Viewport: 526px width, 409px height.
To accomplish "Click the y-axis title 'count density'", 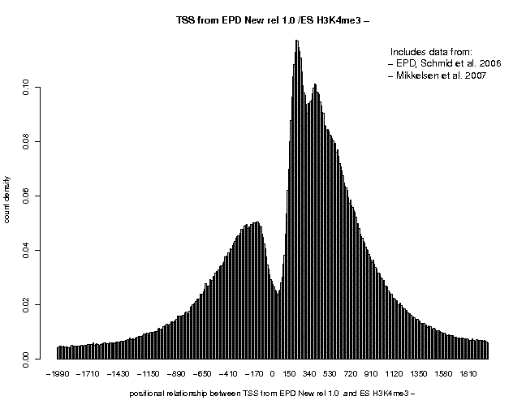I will tap(8, 200).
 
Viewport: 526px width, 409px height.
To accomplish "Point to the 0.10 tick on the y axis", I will tap(26, 88).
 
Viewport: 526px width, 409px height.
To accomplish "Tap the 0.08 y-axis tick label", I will tap(26, 142).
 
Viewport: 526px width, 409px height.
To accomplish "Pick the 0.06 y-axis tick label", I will tap(26, 196).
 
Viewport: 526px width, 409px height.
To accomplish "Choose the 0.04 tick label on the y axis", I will tap(26, 250).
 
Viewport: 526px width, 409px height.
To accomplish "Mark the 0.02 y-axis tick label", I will tap(26, 304).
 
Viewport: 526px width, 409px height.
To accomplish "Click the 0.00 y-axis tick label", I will tap(26, 358).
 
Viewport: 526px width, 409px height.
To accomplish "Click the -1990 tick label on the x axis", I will tap(57, 375).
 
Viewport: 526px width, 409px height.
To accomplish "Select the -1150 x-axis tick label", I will tap(147, 375).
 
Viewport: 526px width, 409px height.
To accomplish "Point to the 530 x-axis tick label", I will tap(329, 375).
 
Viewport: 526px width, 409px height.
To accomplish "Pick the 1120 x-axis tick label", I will tap(394, 375).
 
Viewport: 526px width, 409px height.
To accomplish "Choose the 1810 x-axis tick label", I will tap(470, 375).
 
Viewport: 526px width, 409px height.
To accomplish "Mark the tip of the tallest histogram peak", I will tap(296, 40).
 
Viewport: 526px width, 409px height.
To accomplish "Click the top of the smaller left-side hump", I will tap(256, 222).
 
